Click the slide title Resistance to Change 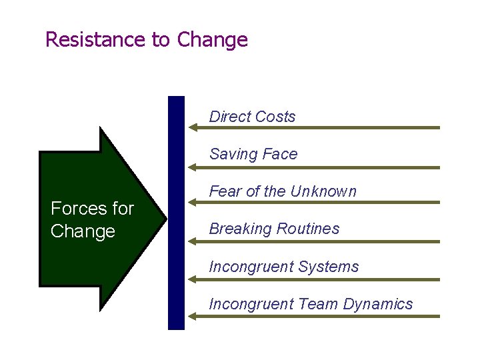point(146,40)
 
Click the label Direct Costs point(252,117)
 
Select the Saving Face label point(253,154)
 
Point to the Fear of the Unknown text point(283,191)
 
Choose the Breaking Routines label point(274,229)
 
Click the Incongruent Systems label point(283,267)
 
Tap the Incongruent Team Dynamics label point(311,304)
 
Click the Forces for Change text point(92,220)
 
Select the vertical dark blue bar point(176,213)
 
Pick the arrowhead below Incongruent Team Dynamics point(194,317)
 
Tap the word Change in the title point(213,40)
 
